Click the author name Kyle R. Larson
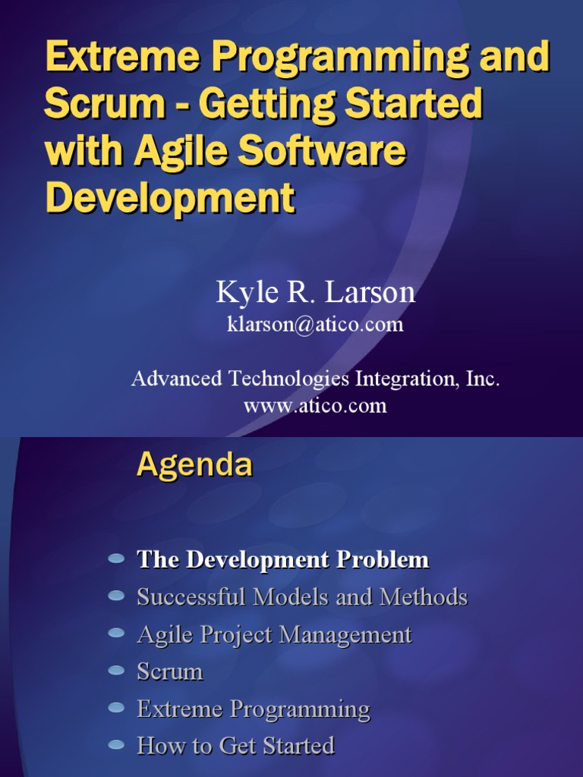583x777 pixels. tap(315, 291)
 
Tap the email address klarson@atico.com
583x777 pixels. tap(315, 325)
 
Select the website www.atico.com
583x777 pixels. tap(315, 405)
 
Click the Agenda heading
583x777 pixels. tap(194, 464)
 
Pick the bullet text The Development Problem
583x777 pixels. tap(282, 560)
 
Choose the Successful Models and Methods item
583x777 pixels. tap(302, 597)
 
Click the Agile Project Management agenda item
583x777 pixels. tap(274, 634)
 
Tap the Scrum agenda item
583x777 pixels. tap(170, 672)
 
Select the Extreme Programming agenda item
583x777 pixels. tap(254, 709)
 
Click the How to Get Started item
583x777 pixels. tap(235, 746)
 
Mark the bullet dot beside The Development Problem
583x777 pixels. tap(116, 558)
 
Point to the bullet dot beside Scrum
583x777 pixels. tap(116, 670)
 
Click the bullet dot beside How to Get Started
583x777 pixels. tap(116, 744)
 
